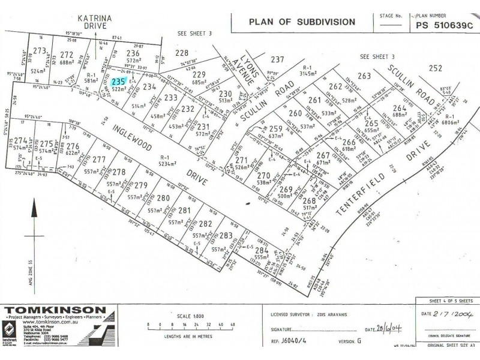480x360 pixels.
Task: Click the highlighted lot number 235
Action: [119, 81]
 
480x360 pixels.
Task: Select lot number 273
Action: [40, 50]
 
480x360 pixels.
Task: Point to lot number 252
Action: [436, 68]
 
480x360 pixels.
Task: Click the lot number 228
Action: [182, 53]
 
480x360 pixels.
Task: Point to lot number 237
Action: [277, 59]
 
